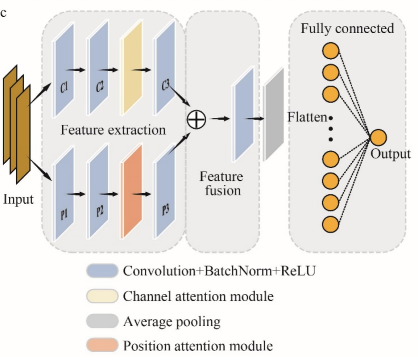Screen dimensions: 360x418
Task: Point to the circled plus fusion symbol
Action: [196, 119]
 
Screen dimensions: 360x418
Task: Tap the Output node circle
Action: [378, 138]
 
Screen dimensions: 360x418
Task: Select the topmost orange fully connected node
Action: [331, 51]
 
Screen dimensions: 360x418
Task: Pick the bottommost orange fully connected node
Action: [330, 224]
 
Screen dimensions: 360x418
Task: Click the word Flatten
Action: [307, 117]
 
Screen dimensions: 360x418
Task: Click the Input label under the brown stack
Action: [18, 199]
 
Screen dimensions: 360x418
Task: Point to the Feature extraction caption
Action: [113, 130]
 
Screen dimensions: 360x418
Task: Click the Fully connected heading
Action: [347, 28]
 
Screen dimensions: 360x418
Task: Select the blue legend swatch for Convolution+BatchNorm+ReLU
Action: [102, 271]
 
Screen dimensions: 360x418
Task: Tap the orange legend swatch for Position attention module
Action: [102, 345]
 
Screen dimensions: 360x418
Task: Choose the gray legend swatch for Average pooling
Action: [102, 321]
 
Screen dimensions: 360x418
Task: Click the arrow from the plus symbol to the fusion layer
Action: [220, 119]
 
